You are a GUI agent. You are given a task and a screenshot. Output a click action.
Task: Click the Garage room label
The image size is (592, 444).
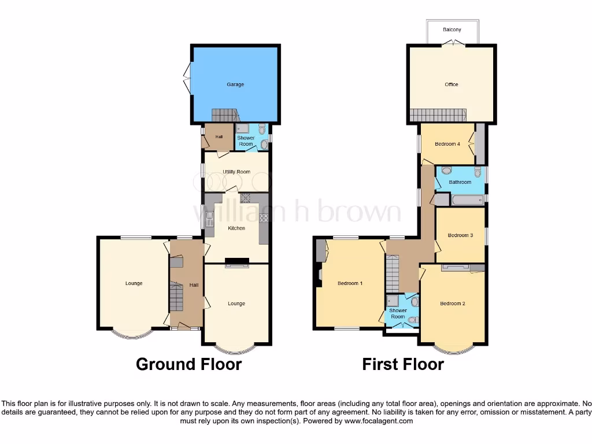pyautogui.click(x=235, y=84)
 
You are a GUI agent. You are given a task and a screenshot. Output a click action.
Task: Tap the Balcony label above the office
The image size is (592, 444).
pyautogui.click(x=452, y=29)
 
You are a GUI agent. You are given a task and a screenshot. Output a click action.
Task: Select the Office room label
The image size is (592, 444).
pyautogui.click(x=452, y=84)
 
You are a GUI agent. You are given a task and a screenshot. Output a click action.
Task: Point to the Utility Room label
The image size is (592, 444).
pyautogui.click(x=236, y=172)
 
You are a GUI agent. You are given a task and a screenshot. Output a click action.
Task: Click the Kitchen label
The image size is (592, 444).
pyautogui.click(x=236, y=228)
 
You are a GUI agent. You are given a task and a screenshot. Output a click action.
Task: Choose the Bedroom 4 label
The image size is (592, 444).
pyautogui.click(x=447, y=144)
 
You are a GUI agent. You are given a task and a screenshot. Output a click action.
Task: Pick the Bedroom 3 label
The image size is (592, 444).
pyautogui.click(x=460, y=235)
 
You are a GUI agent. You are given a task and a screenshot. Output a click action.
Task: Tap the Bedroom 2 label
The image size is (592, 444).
pyautogui.click(x=452, y=304)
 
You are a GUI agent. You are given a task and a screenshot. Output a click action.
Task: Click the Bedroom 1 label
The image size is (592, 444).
pyautogui.click(x=350, y=283)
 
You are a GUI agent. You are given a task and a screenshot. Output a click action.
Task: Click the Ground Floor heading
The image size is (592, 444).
pyautogui.click(x=188, y=364)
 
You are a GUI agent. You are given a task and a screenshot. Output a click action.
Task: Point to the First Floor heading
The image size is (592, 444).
pyautogui.click(x=403, y=364)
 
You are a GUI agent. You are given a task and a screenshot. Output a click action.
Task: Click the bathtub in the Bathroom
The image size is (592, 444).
pyautogui.click(x=467, y=200)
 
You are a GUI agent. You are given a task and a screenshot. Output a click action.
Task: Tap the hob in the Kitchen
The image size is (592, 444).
pyautogui.click(x=264, y=218)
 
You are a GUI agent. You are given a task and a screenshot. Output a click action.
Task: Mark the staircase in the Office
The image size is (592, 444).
pyautogui.click(x=438, y=115)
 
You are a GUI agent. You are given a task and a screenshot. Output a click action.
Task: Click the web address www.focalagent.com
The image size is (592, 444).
pyautogui.click(x=379, y=421)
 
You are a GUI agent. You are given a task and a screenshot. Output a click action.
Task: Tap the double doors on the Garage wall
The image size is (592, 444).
pyautogui.click(x=188, y=79)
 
